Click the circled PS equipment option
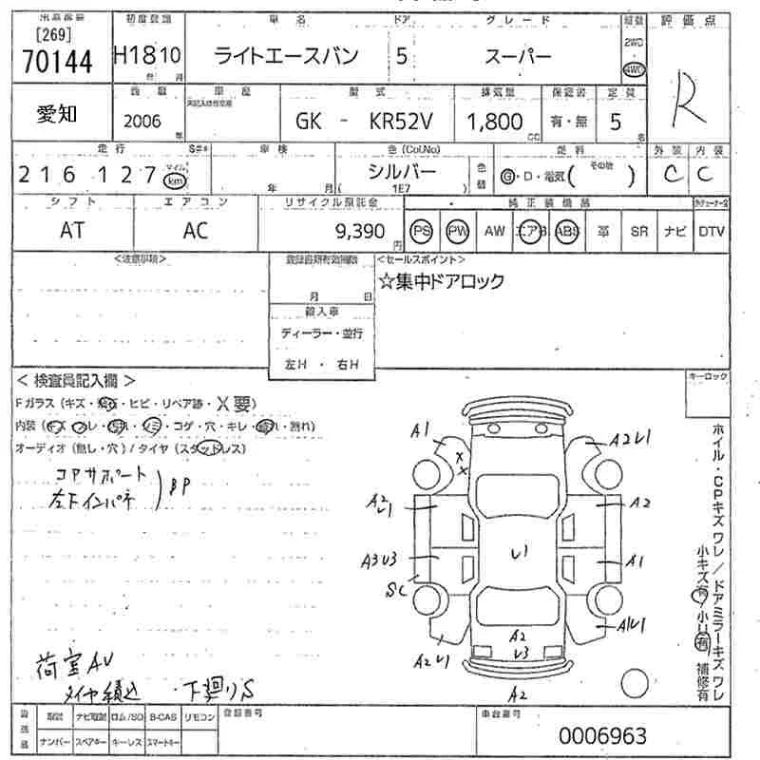pyautogui.click(x=421, y=231)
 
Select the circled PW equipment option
pyautogui.click(x=458, y=231)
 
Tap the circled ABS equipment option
pyautogui.click(x=567, y=231)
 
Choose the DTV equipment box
pyautogui.click(x=711, y=231)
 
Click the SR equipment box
pyautogui.click(x=639, y=231)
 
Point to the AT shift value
pyautogui.click(x=72, y=231)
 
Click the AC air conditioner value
pyautogui.click(x=196, y=231)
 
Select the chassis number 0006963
pyautogui.click(x=602, y=735)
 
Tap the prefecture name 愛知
pyautogui.click(x=58, y=115)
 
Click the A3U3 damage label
pyautogui.click(x=379, y=561)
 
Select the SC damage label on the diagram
pyautogui.click(x=395, y=590)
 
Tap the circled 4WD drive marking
pyautogui.click(x=631, y=68)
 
